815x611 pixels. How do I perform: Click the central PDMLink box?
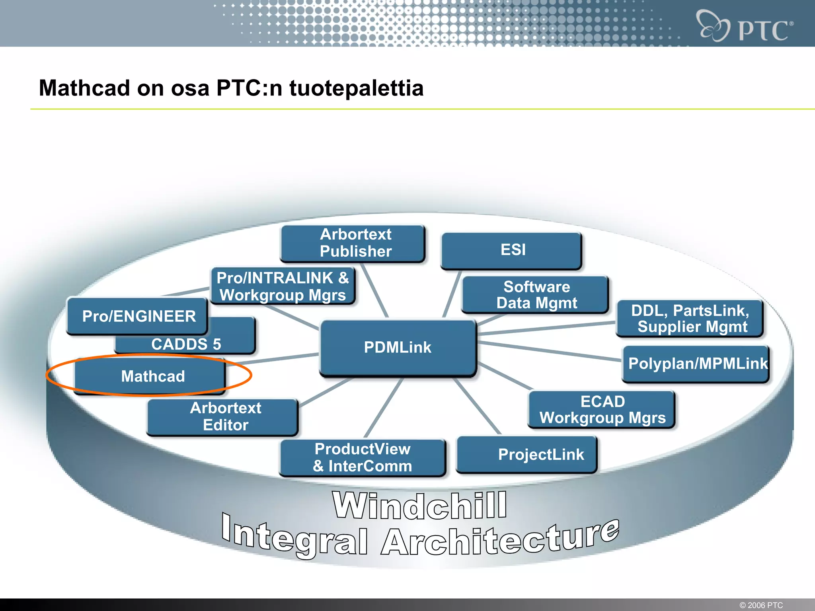[398, 348]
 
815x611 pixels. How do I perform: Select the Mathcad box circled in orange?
[153, 376]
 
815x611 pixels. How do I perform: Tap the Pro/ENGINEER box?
[138, 316]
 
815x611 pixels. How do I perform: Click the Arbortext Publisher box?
[355, 243]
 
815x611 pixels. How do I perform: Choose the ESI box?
[513, 250]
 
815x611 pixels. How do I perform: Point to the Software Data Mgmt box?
[536, 295]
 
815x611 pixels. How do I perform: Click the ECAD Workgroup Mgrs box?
[602, 410]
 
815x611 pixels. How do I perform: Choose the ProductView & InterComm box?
[362, 457]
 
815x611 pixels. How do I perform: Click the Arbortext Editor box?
[225, 417]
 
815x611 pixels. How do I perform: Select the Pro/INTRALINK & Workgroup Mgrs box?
[283, 286]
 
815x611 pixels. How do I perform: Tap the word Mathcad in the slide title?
[84, 88]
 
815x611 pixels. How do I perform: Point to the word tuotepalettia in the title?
[356, 88]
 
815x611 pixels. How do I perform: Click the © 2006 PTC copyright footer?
[761, 605]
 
